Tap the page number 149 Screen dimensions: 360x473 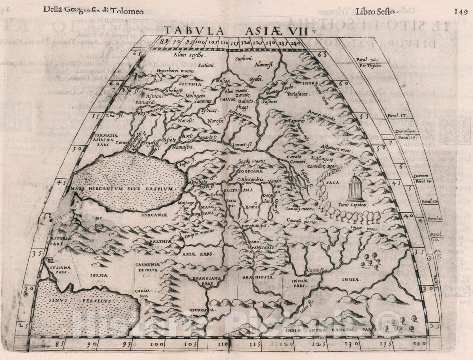(460, 11)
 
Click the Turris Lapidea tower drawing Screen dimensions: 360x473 (355, 189)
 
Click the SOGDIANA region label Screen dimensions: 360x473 (250, 171)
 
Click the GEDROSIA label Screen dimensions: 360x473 (208, 310)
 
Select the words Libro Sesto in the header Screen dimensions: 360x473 (375, 11)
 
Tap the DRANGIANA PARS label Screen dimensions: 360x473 (206, 280)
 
